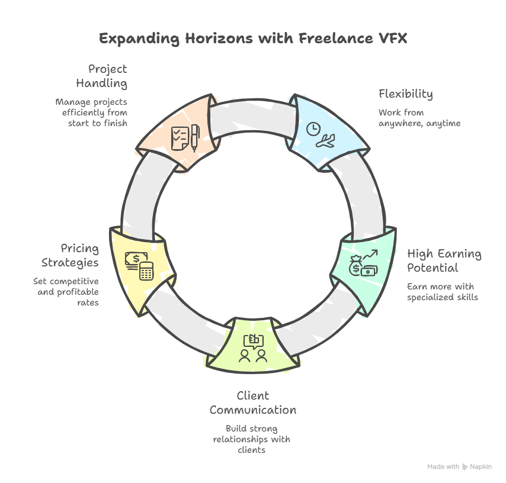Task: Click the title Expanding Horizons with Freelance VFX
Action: pyautogui.click(x=253, y=39)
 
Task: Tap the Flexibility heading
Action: pyautogui.click(x=405, y=94)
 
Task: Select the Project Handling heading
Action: pyautogui.click(x=101, y=76)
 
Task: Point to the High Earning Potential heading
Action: pyautogui.click(x=444, y=261)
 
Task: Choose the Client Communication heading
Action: pyautogui.click(x=253, y=402)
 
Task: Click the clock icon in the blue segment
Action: pyautogui.click(x=313, y=128)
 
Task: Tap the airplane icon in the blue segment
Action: pyautogui.click(x=325, y=141)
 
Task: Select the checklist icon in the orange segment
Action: pyautogui.click(x=180, y=137)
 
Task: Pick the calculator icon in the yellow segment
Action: pyautogui.click(x=146, y=271)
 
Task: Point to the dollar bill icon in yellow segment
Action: pyautogui.click(x=133, y=260)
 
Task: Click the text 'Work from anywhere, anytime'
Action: pyautogui.click(x=419, y=118)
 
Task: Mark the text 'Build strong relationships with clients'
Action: pyautogui.click(x=252, y=439)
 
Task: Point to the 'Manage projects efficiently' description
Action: pyautogui.click(x=92, y=112)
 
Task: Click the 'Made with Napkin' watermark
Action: pyautogui.click(x=459, y=467)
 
